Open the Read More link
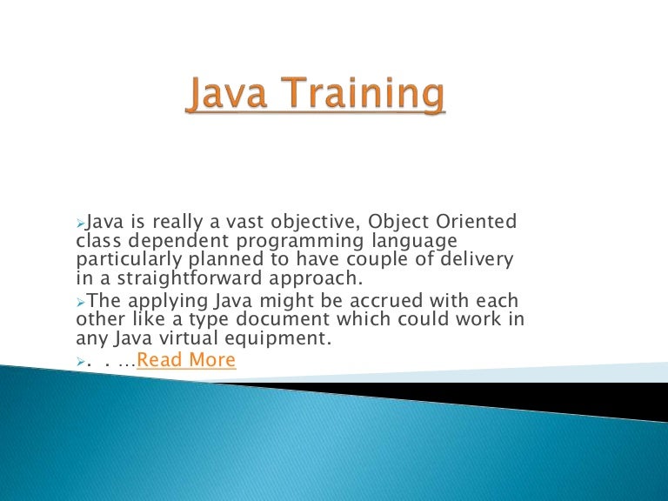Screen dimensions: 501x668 pos(186,360)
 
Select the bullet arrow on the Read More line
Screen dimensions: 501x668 pos(81,361)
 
